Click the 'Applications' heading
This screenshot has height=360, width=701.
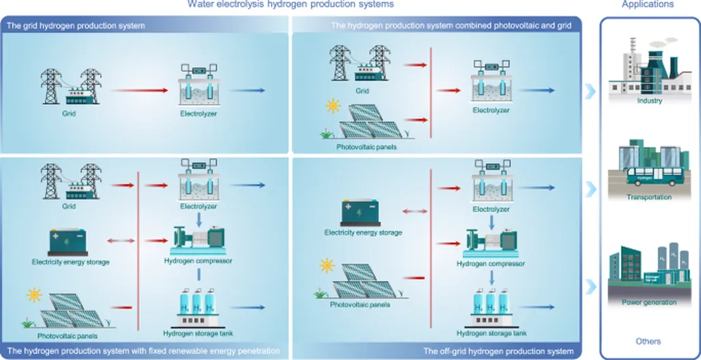tap(648, 5)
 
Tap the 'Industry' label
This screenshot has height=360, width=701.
tap(649, 101)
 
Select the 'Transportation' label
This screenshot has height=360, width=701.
tap(649, 197)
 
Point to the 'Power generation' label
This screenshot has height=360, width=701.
tap(649, 302)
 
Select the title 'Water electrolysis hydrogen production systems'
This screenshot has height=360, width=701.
tap(292, 5)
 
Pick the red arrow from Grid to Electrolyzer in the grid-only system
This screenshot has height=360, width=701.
tap(140, 90)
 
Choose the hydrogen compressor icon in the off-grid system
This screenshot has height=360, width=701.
tap(490, 242)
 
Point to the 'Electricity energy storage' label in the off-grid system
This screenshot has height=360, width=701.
tap(363, 233)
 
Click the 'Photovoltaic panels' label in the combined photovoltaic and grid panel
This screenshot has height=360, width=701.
tap(366, 146)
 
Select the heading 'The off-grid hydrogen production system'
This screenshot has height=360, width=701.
tap(498, 351)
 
